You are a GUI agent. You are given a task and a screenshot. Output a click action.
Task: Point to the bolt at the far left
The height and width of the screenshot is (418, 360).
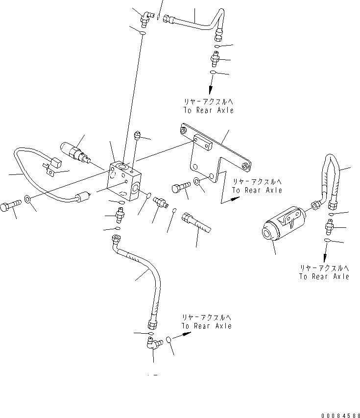click(11, 204)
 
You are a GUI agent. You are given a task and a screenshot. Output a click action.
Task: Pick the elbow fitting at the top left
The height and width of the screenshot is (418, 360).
click(145, 19)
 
